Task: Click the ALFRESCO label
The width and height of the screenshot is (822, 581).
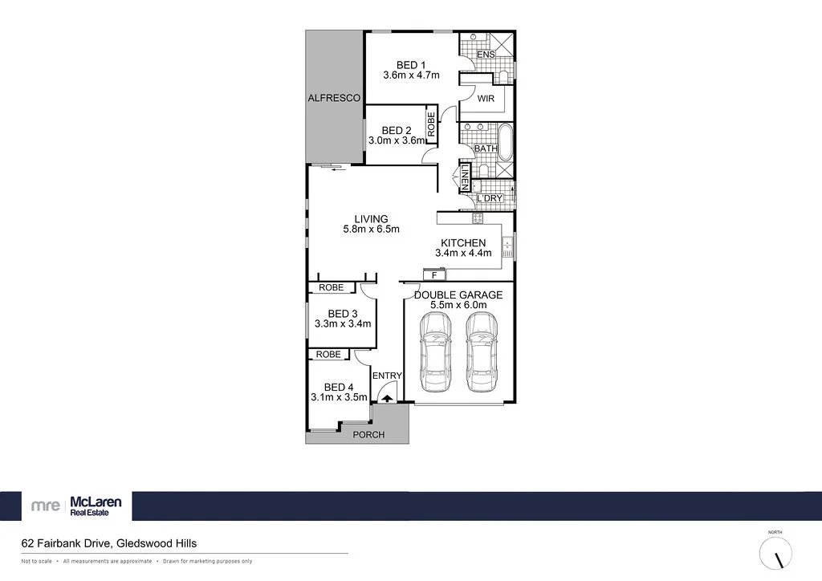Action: pyautogui.click(x=334, y=98)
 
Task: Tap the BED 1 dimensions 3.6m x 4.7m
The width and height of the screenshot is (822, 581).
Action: pyautogui.click(x=411, y=76)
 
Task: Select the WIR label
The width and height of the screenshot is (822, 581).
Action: pyautogui.click(x=486, y=99)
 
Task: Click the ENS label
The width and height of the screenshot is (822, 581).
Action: pyautogui.click(x=486, y=55)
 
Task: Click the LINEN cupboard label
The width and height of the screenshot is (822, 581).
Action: pyautogui.click(x=465, y=177)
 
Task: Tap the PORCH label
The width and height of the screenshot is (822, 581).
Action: pyautogui.click(x=369, y=435)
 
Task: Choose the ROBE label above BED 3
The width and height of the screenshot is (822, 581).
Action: pyautogui.click(x=331, y=287)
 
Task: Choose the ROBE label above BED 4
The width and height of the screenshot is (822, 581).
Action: pyautogui.click(x=328, y=354)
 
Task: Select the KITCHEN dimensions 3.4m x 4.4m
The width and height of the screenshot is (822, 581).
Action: pyautogui.click(x=462, y=253)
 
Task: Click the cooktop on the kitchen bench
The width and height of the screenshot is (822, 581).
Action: pyautogui.click(x=478, y=217)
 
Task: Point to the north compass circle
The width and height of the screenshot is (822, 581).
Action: pyautogui.click(x=775, y=554)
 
